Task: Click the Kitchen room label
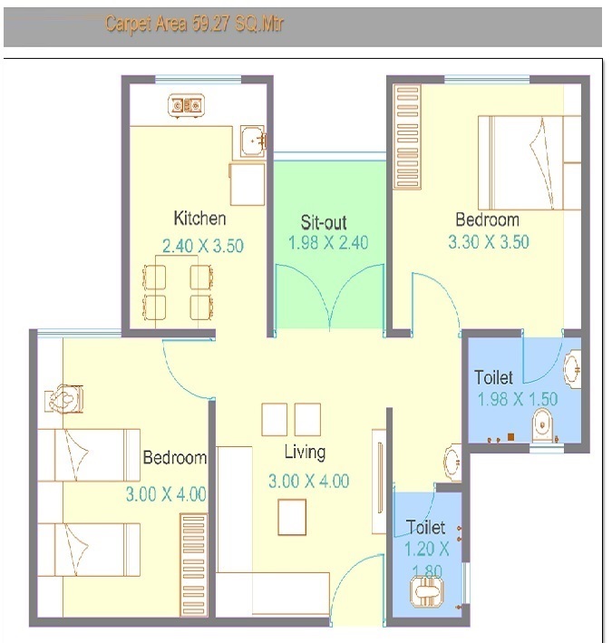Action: [x=199, y=219]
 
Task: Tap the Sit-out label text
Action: [x=324, y=222]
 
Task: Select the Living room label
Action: [x=305, y=453]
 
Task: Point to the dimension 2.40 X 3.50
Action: [x=202, y=246]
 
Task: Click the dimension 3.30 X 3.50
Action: [x=488, y=242]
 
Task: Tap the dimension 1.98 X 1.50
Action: [x=517, y=399]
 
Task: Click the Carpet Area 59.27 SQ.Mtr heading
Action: [x=194, y=24]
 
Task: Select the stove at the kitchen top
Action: [x=185, y=106]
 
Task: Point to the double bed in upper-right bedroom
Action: [x=529, y=161]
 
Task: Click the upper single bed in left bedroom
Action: [x=88, y=454]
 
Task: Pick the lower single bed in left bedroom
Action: [x=88, y=550]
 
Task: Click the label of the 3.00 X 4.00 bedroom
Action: [x=174, y=458]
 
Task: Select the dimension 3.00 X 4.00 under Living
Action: [x=308, y=482]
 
